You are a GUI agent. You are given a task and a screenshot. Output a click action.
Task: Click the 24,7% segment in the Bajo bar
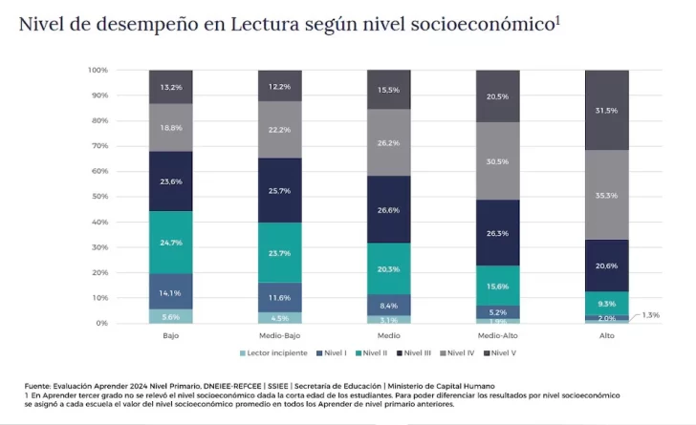(x=170, y=243)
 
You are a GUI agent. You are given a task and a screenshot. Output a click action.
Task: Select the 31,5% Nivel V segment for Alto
(x=606, y=110)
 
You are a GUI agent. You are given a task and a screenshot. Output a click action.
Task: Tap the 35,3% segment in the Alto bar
(x=606, y=195)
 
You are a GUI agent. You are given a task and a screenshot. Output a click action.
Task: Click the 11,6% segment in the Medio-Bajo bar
(x=279, y=297)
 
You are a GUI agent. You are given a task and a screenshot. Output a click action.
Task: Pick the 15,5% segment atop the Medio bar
(x=388, y=89)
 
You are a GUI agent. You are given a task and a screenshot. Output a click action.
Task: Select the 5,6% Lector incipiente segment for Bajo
(x=170, y=316)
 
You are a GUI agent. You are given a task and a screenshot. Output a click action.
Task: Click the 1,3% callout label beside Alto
(x=650, y=314)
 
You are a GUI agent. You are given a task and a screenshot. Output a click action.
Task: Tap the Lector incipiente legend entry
(x=275, y=353)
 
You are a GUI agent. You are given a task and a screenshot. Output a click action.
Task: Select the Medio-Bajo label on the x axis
(x=279, y=336)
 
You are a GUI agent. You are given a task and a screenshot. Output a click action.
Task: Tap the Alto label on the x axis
(x=606, y=336)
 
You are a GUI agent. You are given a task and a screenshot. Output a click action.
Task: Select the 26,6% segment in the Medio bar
(x=388, y=209)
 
